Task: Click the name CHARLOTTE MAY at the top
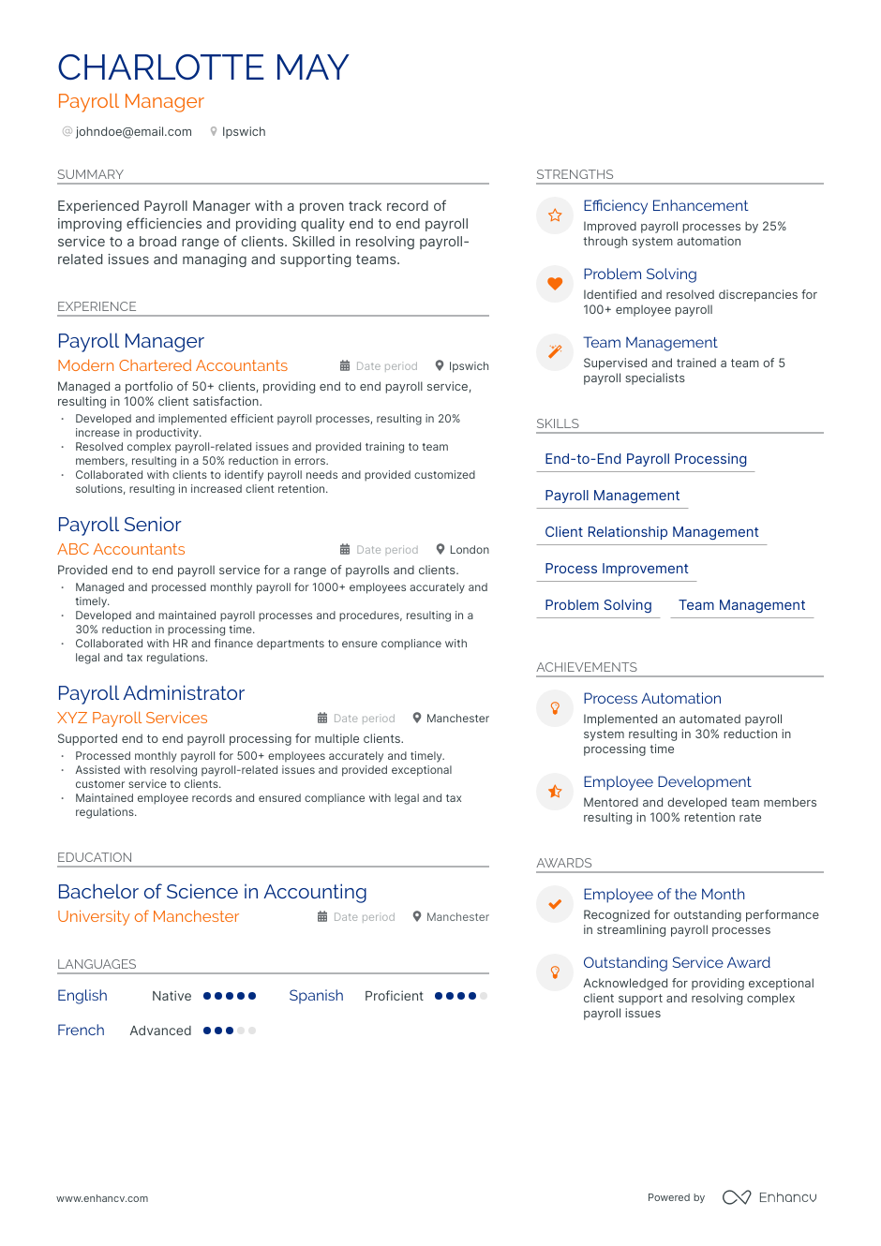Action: (x=202, y=67)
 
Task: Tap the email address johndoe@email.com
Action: (x=133, y=132)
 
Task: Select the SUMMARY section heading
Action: (x=90, y=174)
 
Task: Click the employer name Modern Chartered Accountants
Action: (x=172, y=365)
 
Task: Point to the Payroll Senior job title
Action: (x=119, y=525)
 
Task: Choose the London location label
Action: (x=469, y=550)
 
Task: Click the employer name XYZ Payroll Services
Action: (x=132, y=718)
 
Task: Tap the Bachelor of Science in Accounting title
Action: (x=212, y=892)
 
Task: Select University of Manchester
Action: (x=148, y=916)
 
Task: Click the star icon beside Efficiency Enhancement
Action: (x=555, y=215)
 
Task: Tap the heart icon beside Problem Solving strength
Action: (x=555, y=284)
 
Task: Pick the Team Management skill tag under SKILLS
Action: (x=741, y=605)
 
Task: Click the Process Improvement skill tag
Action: (x=616, y=569)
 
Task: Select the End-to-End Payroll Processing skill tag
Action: (x=645, y=459)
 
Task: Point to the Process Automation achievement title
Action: (x=651, y=699)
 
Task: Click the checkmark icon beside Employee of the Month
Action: (x=555, y=904)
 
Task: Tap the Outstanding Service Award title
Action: (x=676, y=963)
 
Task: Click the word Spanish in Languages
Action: (x=316, y=996)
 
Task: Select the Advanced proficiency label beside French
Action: (x=160, y=1031)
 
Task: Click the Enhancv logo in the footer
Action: (x=769, y=1197)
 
